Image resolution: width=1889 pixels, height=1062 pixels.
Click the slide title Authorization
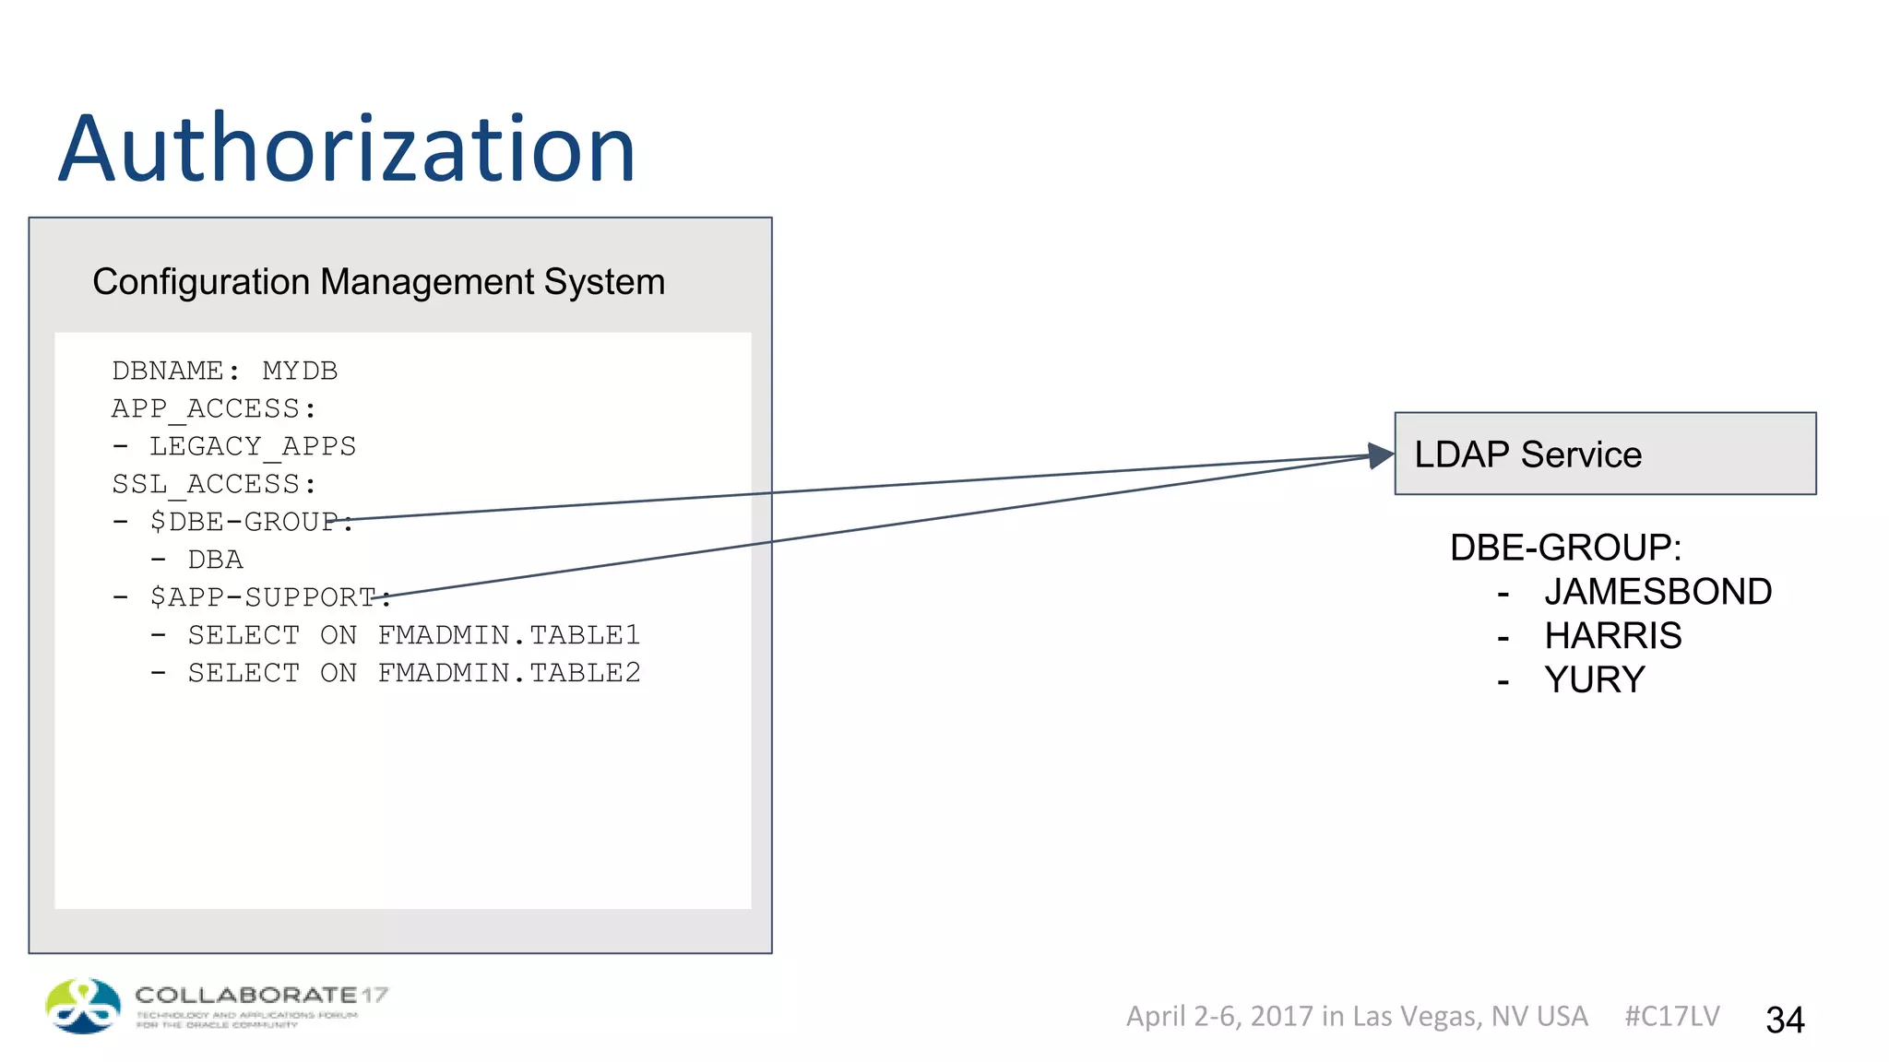347,149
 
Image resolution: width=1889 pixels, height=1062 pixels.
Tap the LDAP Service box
1605,454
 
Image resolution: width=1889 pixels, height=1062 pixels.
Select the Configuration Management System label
378,282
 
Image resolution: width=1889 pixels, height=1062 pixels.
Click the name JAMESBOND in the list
1657,592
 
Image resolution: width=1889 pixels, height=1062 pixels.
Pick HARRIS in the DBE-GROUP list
1612,636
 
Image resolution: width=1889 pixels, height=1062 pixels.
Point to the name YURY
1594,680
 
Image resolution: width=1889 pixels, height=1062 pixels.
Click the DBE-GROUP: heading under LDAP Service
1565,548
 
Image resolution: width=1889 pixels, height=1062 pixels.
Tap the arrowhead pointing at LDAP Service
1381,455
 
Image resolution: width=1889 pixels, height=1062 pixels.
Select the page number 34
1785,1020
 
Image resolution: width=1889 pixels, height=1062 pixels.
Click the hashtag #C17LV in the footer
1671,1016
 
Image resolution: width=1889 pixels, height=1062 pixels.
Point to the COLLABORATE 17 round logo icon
83,1006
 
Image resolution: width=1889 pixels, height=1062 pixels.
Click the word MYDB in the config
300,371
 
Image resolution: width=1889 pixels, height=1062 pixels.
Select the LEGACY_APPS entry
252,446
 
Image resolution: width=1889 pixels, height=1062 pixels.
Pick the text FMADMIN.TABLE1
508,635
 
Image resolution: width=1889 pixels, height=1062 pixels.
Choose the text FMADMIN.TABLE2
508,673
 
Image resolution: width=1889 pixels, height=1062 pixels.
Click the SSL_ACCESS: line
214,484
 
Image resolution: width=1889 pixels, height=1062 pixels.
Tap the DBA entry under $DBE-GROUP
215,560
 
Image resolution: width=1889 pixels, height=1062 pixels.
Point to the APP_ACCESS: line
214,408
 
